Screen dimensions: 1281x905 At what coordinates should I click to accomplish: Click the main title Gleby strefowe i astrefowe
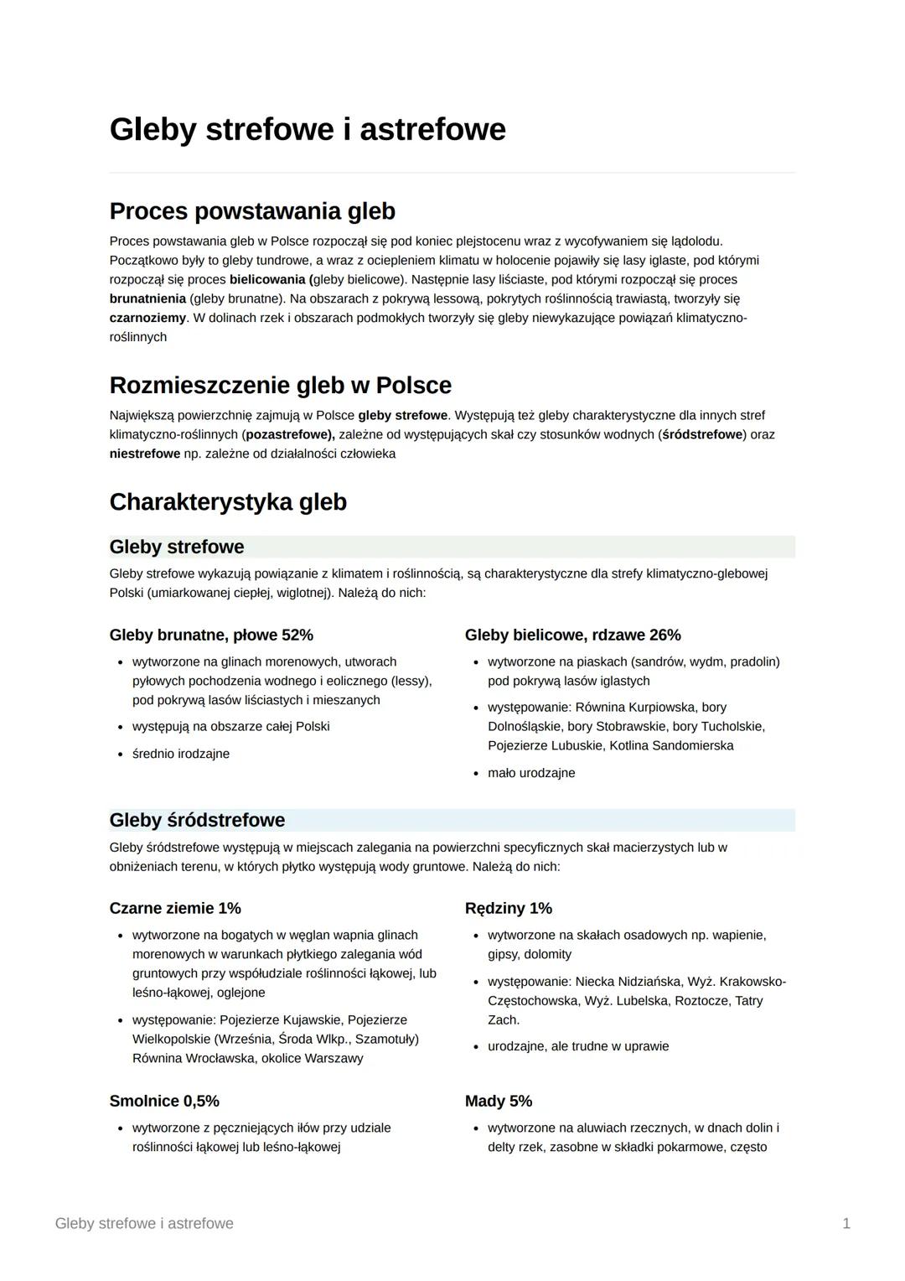coord(308,130)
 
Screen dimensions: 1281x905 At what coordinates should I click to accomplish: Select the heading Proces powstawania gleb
coord(252,211)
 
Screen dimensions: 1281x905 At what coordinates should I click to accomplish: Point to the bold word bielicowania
coord(267,279)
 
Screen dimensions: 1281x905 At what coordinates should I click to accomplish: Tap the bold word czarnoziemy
coord(147,318)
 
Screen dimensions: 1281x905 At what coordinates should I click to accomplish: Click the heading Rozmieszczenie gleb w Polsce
coord(280,386)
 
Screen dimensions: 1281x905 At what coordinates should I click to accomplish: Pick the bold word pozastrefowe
coord(289,434)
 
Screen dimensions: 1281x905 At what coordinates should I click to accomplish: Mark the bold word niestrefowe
coord(144,454)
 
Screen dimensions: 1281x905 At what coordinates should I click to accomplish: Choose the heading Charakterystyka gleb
coord(228,502)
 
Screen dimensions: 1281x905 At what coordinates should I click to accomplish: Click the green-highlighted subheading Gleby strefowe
coord(177,547)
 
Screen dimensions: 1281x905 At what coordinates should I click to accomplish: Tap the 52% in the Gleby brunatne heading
coord(297,635)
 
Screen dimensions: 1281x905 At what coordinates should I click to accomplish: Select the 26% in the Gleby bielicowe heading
coord(664,635)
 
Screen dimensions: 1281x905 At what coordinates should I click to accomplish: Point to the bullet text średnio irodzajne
coord(181,754)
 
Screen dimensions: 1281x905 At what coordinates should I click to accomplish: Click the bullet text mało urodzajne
coord(531,773)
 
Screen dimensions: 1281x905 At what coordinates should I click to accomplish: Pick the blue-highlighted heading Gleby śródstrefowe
coord(197,820)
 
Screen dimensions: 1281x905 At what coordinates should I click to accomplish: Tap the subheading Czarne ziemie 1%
coord(175,908)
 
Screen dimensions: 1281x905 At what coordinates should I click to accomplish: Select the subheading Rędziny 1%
coord(508,908)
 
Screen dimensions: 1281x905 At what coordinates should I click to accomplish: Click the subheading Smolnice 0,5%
coord(164,1101)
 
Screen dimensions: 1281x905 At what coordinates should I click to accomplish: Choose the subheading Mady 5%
coord(499,1101)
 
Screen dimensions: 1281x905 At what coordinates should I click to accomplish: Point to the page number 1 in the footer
coord(846,1223)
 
